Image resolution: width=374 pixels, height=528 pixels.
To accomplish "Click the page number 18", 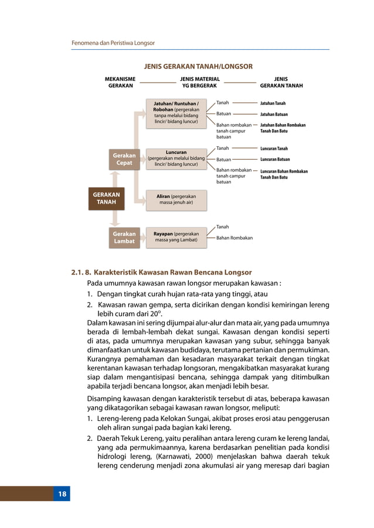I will pyautogui.click(x=62, y=495).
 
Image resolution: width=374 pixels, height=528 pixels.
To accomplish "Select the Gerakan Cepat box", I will pyautogui.click(x=124, y=159).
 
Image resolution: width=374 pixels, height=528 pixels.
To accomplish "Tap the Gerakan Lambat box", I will pyautogui.click(x=124, y=237).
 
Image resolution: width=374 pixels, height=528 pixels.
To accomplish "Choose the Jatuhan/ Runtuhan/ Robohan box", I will pyautogui.click(x=176, y=114).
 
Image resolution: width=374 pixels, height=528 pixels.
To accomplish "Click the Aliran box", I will pyautogui.click(x=176, y=200).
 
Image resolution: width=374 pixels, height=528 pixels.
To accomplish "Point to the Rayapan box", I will pyautogui.click(x=176, y=236).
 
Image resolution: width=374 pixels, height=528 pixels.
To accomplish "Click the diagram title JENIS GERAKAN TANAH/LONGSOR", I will pyautogui.click(x=198, y=66).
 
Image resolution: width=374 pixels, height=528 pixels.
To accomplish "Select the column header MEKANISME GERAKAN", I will pyautogui.click(x=120, y=81).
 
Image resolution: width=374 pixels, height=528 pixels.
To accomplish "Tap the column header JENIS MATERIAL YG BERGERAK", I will pyautogui.click(x=199, y=81).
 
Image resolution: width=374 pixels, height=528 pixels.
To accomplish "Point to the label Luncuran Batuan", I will pyautogui.click(x=276, y=159).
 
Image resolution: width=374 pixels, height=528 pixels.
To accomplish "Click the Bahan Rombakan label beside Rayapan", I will pyautogui.click(x=234, y=238).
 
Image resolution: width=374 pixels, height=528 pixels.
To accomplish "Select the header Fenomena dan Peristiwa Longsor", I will pyautogui.click(x=113, y=43).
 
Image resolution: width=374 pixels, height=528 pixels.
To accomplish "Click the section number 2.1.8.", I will pyautogui.click(x=81, y=273).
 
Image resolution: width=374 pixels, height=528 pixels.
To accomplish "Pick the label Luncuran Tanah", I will pyautogui.click(x=274, y=149).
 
